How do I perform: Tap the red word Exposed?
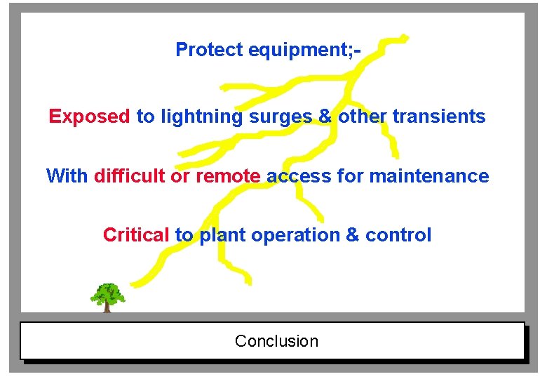(89, 117)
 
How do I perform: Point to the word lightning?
(202, 117)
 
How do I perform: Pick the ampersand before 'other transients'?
(325, 117)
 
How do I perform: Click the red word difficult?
(130, 175)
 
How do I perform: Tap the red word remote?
(228, 175)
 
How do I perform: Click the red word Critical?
(136, 235)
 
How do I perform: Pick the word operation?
(296, 235)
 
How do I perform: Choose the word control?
(398, 235)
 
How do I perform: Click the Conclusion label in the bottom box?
(276, 341)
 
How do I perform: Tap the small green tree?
(107, 294)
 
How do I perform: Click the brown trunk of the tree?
(107, 307)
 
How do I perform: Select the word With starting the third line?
(67, 175)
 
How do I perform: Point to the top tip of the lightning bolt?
(405, 36)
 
